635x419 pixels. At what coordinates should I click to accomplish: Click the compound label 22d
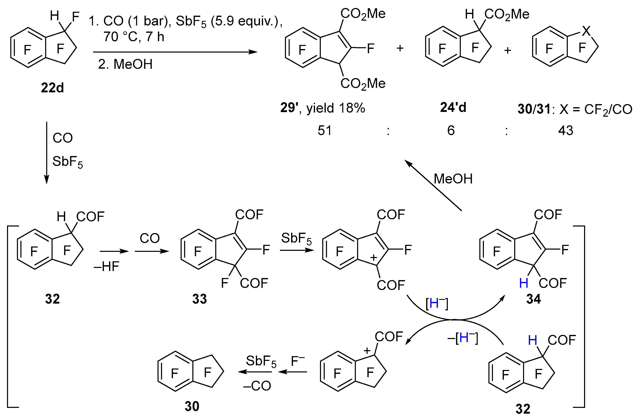52,88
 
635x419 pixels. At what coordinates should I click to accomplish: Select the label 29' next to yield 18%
289,108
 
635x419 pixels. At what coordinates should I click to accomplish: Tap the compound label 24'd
453,107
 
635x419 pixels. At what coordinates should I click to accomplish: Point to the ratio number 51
325,131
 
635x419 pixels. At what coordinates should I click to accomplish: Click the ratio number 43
566,131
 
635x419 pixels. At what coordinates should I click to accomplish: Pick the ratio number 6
451,131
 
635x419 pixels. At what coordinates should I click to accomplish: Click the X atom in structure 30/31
586,31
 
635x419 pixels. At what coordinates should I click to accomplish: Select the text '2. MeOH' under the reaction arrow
125,64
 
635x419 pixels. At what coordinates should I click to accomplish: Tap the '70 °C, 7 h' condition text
134,37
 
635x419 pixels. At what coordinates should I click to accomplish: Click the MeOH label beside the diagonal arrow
453,179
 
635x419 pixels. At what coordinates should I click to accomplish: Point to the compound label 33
199,299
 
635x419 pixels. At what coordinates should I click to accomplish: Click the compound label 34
533,299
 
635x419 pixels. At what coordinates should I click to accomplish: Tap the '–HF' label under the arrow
106,266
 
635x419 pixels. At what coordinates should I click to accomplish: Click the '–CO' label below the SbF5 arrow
257,386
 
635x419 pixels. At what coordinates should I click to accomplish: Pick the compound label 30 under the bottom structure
192,406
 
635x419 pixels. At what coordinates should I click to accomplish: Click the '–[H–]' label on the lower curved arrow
463,338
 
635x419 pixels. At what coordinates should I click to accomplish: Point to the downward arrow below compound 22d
47,152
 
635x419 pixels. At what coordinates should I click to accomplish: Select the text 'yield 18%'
336,108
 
